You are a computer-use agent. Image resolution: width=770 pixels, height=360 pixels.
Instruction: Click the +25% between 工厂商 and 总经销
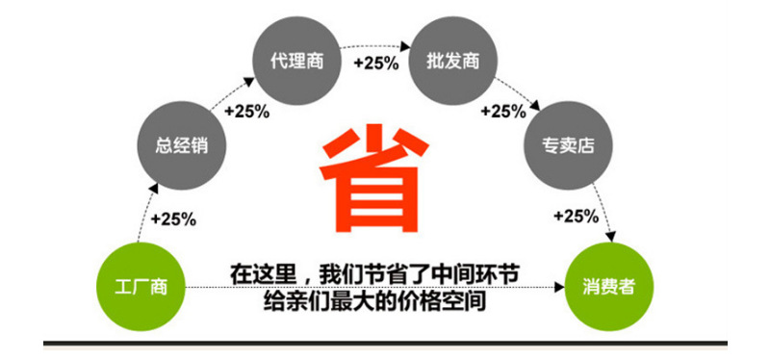click(173, 219)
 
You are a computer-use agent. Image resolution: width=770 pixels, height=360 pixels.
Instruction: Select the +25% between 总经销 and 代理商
click(246, 111)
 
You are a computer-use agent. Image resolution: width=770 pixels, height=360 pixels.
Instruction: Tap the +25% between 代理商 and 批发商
click(375, 64)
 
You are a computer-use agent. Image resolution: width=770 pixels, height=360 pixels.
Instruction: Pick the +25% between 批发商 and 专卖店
click(502, 111)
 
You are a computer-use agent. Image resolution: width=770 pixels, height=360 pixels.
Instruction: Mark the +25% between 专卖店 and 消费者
click(577, 217)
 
